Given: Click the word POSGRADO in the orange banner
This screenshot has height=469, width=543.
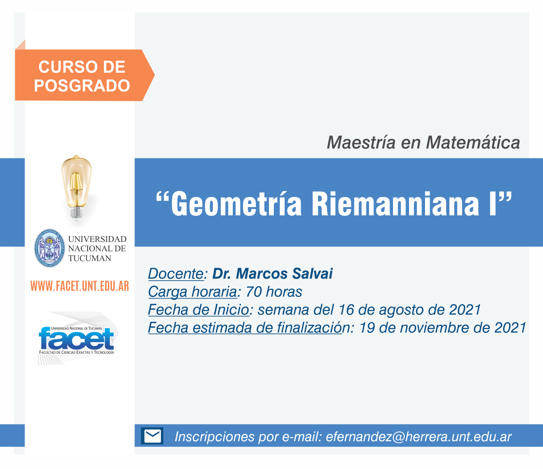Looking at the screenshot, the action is coord(82,86).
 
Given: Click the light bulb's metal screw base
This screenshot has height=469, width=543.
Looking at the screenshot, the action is coord(76,212).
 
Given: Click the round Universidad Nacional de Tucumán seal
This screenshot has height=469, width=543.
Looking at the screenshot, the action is coord(49,248).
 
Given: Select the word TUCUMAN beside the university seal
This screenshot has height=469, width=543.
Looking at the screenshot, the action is coord(90,258).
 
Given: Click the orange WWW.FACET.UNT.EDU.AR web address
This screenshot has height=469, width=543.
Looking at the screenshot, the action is coord(80,286).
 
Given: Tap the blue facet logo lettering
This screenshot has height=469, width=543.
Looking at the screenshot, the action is coord(76,339).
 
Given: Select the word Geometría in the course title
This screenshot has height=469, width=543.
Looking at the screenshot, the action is coord(236,204).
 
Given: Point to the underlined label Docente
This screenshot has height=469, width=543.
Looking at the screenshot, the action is coord(176,274).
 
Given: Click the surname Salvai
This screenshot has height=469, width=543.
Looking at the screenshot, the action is coord(313,274).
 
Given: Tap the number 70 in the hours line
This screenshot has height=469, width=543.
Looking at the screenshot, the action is coord(254,292).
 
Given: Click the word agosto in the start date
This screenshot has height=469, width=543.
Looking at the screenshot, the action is coord(401,310).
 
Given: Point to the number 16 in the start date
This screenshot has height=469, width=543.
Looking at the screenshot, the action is coord(346,310).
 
